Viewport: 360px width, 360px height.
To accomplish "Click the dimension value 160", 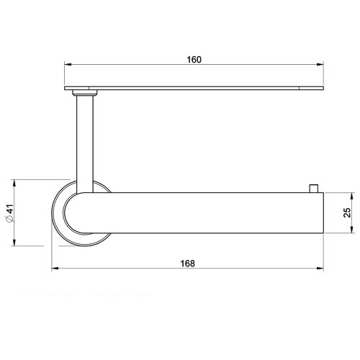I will tap(193, 59).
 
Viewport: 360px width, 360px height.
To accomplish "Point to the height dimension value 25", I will tap(346, 213).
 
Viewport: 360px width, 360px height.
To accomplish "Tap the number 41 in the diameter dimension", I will tap(9, 211).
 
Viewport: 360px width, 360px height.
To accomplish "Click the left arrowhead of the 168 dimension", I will tap(56, 270).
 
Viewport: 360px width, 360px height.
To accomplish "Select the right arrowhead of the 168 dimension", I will tap(320, 270).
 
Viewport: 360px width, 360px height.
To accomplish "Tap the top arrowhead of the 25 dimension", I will tap(351, 196).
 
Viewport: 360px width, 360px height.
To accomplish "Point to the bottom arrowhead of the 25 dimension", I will tap(351, 230).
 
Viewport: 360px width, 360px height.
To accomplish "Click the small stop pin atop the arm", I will tap(313, 188).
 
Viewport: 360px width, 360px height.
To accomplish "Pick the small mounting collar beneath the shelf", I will tap(85, 93).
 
